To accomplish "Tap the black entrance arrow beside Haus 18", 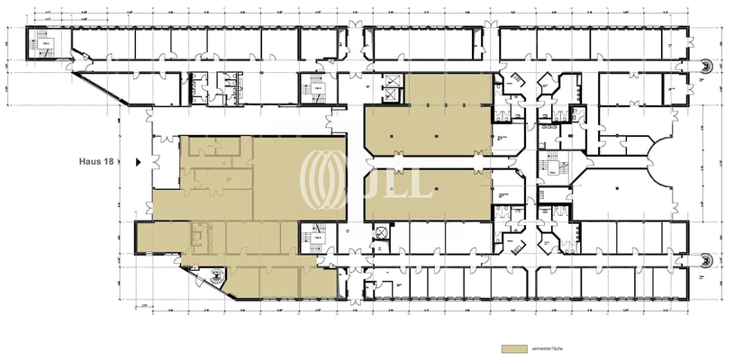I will pyautogui.click(x=138, y=163).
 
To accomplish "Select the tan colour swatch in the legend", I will pyautogui.click(x=514, y=348).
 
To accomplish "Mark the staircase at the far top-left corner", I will pyautogui.click(x=42, y=41).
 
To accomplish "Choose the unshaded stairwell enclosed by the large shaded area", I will pyautogui.click(x=312, y=238).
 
